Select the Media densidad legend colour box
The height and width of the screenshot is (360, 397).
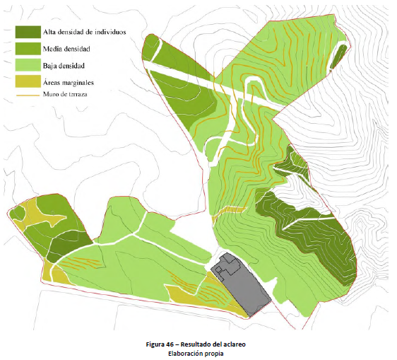[28, 50]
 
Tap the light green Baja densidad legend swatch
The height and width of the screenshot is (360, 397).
[28, 66]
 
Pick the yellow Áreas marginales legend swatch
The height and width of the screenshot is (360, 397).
[28, 82]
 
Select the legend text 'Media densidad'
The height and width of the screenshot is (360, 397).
[66, 50]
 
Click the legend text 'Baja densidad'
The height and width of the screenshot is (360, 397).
[64, 66]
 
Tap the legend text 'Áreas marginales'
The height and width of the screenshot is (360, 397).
[69, 83]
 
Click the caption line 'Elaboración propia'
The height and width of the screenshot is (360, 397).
[198, 352]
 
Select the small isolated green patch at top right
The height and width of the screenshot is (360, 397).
[338, 56]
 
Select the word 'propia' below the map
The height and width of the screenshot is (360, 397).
[215, 352]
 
